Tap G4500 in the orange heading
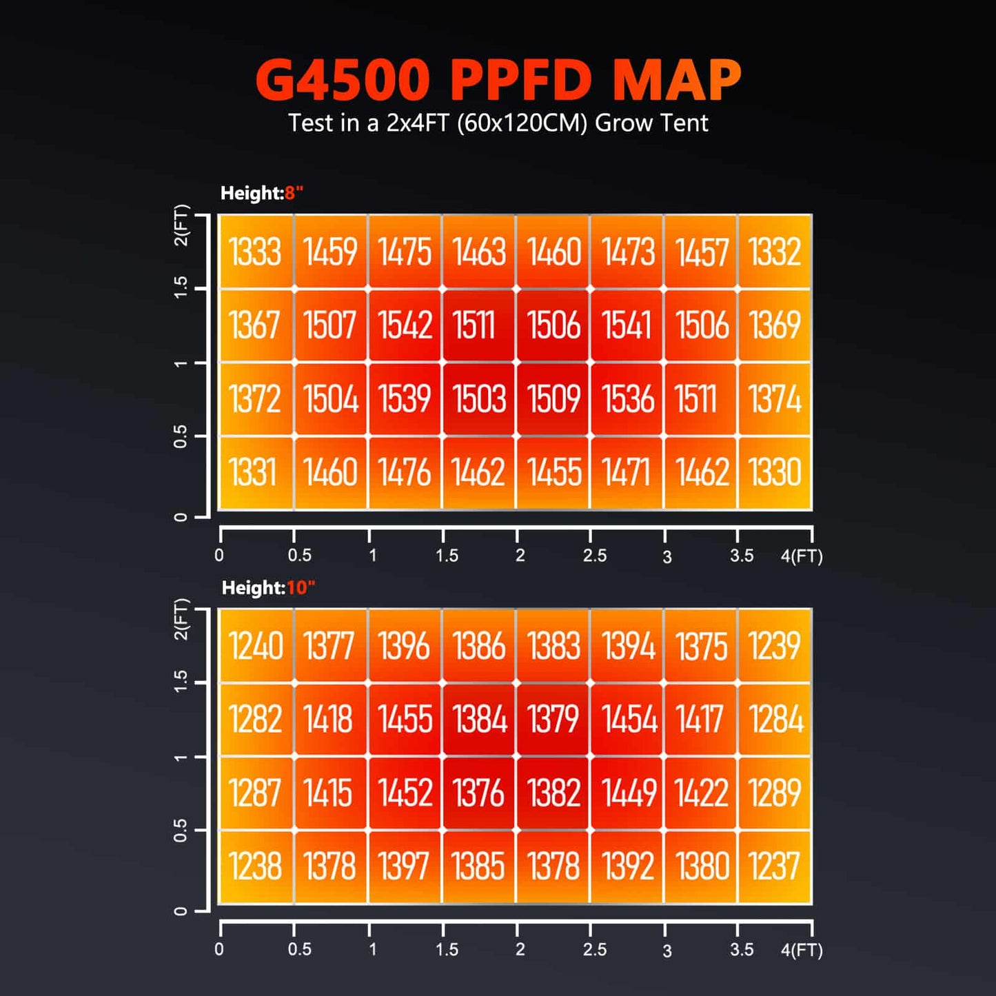point(343,80)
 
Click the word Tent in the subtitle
point(683,123)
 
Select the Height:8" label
point(262,194)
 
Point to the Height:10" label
point(268,588)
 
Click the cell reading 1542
point(405,325)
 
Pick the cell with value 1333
point(256,252)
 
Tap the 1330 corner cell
point(775,473)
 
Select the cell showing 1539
point(405,399)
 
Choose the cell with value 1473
point(627,252)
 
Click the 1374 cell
point(775,399)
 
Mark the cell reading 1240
point(256,647)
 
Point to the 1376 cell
point(478,793)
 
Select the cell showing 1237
point(775,866)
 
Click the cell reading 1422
point(701,793)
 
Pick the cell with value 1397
point(405,866)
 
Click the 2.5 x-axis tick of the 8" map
point(594,556)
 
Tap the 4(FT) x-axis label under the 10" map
point(802,951)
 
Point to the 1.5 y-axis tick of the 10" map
point(181,682)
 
